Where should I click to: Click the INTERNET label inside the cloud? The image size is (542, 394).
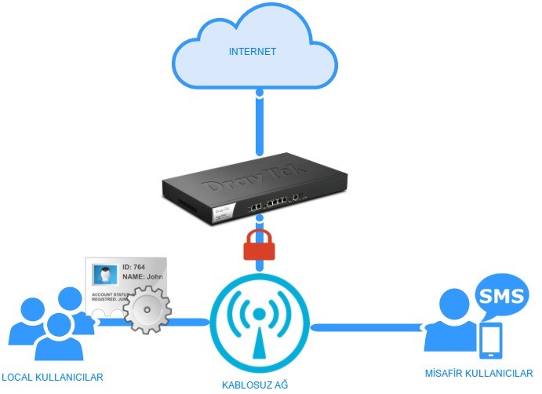tap(253, 52)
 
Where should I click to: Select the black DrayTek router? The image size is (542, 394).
tap(259, 189)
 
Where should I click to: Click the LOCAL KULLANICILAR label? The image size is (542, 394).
tap(53, 377)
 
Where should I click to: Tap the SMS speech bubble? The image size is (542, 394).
tap(499, 297)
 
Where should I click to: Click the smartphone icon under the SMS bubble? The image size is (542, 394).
tap(491, 339)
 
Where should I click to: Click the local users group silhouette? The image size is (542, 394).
tap(49, 322)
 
